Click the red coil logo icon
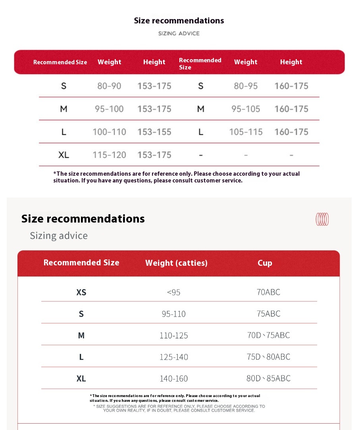click(322, 219)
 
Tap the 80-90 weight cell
click(109, 86)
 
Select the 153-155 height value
click(154, 132)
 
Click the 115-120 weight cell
click(109, 155)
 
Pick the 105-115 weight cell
click(246, 132)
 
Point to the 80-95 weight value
click(246, 86)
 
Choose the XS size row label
click(81, 292)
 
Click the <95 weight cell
click(173, 292)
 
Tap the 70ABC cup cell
click(268, 292)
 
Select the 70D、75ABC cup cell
click(268, 335)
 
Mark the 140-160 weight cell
click(173, 378)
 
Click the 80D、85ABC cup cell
click(268, 378)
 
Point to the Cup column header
click(265, 263)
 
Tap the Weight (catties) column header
click(176, 263)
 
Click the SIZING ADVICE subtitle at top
click(179, 33)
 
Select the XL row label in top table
click(64, 155)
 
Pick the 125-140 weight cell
click(173, 357)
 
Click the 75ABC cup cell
click(268, 314)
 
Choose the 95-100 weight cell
click(109, 109)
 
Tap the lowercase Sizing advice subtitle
click(59, 236)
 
